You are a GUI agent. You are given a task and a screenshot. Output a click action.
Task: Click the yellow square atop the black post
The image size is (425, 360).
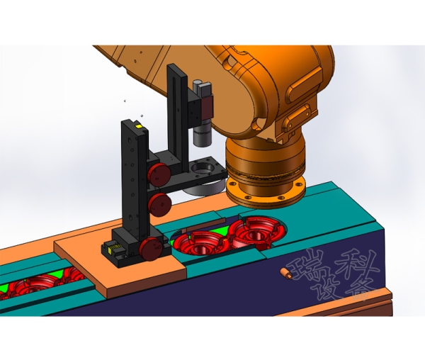(x=139, y=126)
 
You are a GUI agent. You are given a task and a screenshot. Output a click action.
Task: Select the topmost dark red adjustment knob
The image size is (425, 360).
(x=159, y=175)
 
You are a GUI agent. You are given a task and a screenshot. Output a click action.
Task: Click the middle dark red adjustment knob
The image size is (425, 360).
(x=160, y=204)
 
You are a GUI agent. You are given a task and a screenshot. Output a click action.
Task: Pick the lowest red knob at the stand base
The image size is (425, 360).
(x=151, y=249)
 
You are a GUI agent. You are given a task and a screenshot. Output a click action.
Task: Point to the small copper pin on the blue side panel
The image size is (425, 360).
(x=286, y=273)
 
